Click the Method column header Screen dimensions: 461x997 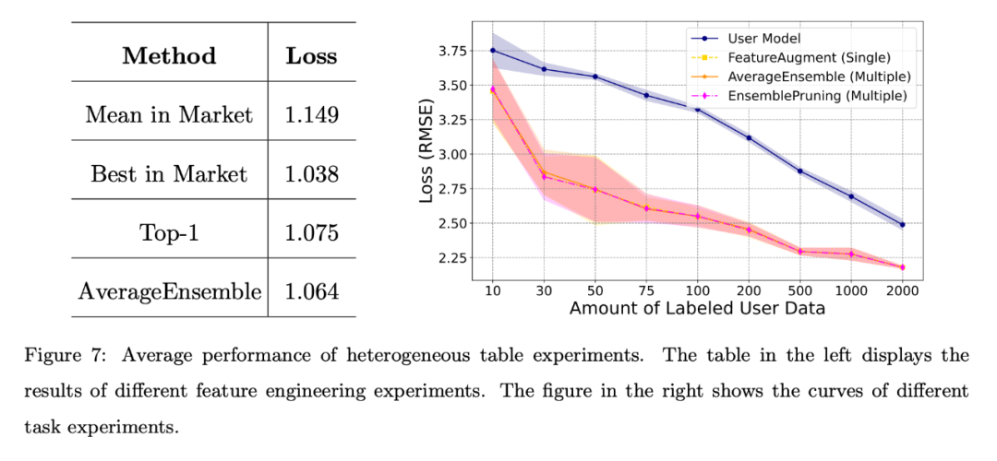(169, 55)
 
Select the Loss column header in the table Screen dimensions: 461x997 (311, 55)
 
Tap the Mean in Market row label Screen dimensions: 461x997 (169, 115)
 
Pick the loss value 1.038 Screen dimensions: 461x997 (311, 174)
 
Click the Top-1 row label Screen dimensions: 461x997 (169, 233)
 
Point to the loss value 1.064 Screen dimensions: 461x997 (311, 292)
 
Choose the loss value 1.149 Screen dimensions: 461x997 (311, 115)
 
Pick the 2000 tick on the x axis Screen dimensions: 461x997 (901, 289)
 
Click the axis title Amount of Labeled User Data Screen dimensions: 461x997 (697, 309)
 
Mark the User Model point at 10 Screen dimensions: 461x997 (492, 50)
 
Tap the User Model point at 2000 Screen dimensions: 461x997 (901, 224)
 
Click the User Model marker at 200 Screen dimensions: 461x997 (748, 137)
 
